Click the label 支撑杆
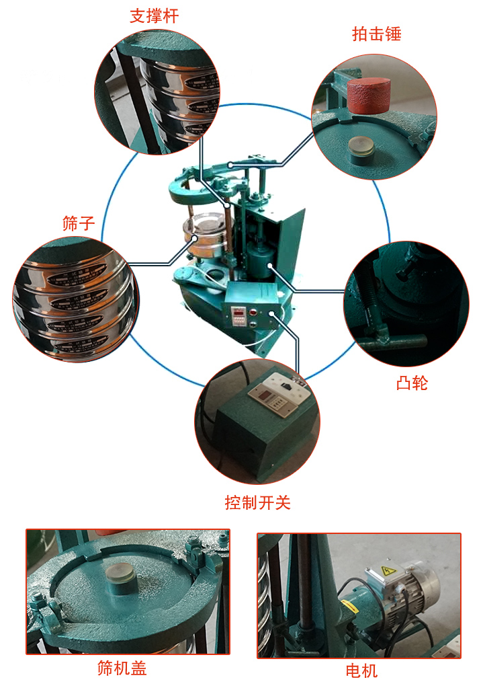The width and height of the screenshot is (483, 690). tap(154, 16)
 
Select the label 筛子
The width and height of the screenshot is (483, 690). tap(79, 224)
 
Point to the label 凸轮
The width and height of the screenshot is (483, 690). tap(412, 383)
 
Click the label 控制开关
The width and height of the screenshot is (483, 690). tap(257, 502)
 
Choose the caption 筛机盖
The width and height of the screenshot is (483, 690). tap(122, 668)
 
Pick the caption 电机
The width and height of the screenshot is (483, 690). tap(361, 670)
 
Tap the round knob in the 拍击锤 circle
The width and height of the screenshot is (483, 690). tap(363, 149)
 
